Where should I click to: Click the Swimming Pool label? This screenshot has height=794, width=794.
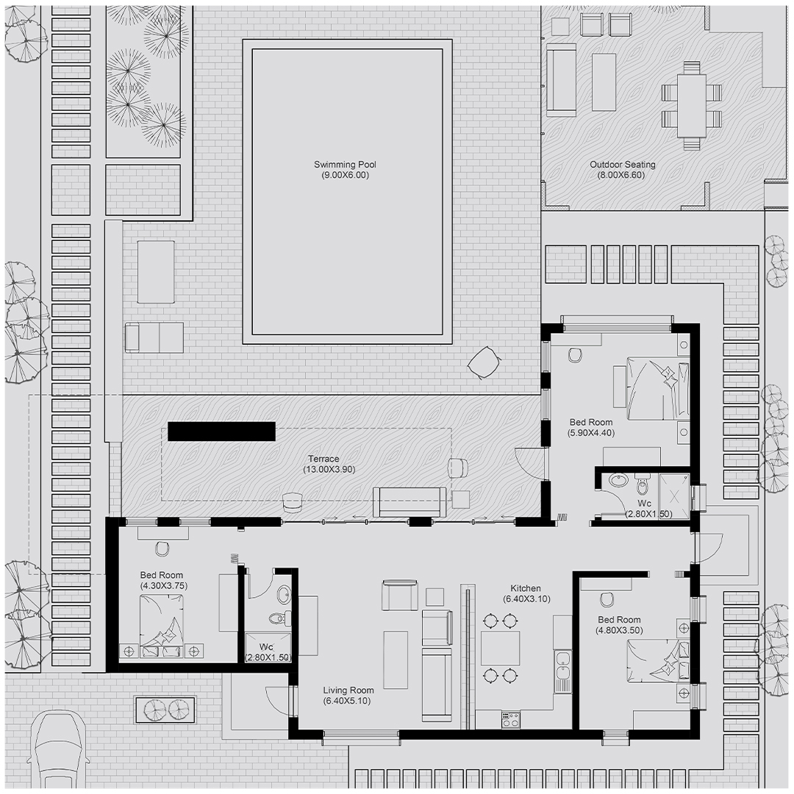(x=345, y=165)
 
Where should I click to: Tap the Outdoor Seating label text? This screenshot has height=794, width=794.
(x=623, y=165)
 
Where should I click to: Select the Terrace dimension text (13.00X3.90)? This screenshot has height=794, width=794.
(x=329, y=469)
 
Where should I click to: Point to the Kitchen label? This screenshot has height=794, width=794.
(x=525, y=588)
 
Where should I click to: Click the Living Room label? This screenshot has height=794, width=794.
(x=348, y=690)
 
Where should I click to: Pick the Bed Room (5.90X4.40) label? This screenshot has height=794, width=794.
(x=591, y=427)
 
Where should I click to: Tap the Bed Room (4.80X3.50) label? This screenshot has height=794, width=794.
(x=619, y=625)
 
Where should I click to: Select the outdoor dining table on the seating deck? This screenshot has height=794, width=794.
(x=692, y=105)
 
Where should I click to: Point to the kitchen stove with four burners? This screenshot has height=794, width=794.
(x=510, y=719)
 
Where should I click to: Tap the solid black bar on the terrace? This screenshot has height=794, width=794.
(x=221, y=432)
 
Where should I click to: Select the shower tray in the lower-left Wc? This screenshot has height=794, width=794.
(x=268, y=647)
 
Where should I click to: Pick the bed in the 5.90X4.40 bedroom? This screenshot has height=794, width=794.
(x=658, y=388)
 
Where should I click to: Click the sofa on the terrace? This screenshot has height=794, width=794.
(x=409, y=502)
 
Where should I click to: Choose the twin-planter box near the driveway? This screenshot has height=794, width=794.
(x=165, y=710)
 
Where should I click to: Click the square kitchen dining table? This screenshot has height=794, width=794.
(x=501, y=648)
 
